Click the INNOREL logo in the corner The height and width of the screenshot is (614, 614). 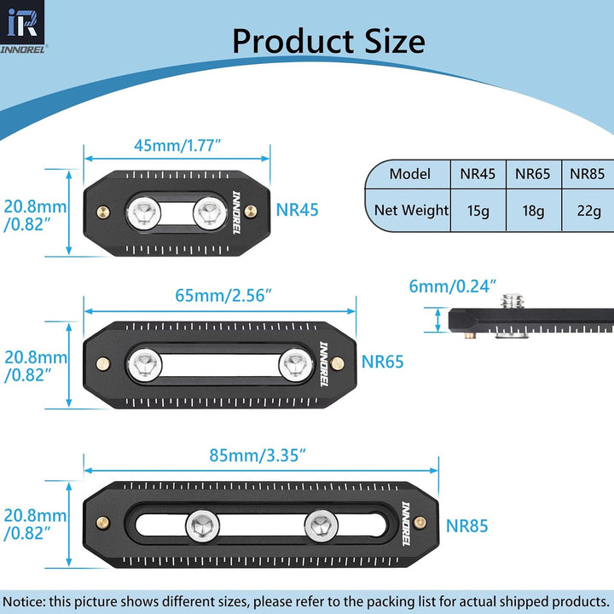[x=23, y=26]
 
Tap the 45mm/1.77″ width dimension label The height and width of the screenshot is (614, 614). [x=177, y=146]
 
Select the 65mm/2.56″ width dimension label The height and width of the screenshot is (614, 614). [x=223, y=296]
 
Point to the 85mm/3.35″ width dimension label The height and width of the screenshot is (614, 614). [x=258, y=455]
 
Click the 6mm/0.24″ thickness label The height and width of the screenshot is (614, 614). [x=453, y=287]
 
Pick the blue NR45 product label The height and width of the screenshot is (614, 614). [x=298, y=210]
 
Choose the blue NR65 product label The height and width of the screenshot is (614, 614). [x=382, y=362]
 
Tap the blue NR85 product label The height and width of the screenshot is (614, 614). [x=466, y=526]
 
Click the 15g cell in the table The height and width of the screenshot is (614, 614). [x=478, y=211]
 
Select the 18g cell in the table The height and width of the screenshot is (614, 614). [x=533, y=211]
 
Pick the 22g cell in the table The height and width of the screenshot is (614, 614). [x=589, y=211]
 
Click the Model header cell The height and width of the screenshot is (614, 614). [x=409, y=174]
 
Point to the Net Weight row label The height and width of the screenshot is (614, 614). [x=411, y=211]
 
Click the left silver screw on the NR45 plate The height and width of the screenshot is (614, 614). [x=144, y=213]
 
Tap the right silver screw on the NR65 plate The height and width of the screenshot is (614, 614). [x=296, y=365]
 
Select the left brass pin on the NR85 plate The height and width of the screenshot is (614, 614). [x=103, y=523]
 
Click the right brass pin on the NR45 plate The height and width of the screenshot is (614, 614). [x=251, y=211]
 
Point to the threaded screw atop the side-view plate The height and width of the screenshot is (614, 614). [x=513, y=301]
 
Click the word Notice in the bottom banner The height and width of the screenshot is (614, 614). [x=24, y=601]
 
